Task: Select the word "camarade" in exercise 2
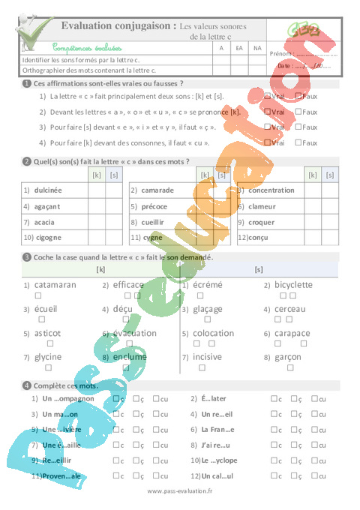coord(157,190)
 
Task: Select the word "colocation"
coord(214,334)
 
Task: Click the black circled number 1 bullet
coord(27,83)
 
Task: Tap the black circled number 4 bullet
coord(27,385)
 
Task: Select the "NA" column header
coord(257,48)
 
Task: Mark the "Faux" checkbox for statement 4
coord(298,141)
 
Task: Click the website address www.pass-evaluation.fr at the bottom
coord(180,490)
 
